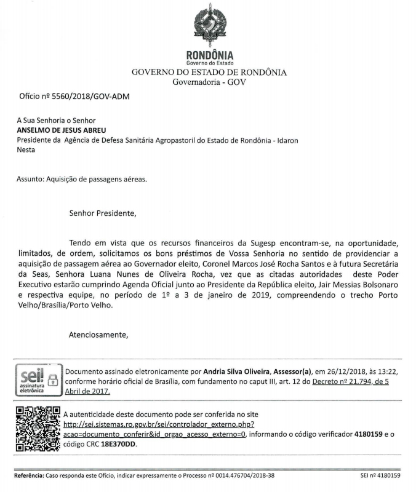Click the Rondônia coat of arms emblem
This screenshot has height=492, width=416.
click(209, 26)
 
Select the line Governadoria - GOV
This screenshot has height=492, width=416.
click(209, 82)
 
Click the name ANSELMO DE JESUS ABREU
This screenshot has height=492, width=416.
click(62, 130)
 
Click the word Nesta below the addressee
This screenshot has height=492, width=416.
click(26, 149)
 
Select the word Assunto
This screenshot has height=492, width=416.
click(30, 180)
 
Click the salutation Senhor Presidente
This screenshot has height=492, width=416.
click(102, 214)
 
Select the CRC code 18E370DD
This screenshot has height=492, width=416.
click(118, 443)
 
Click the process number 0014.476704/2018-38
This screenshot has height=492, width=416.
click(235, 475)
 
